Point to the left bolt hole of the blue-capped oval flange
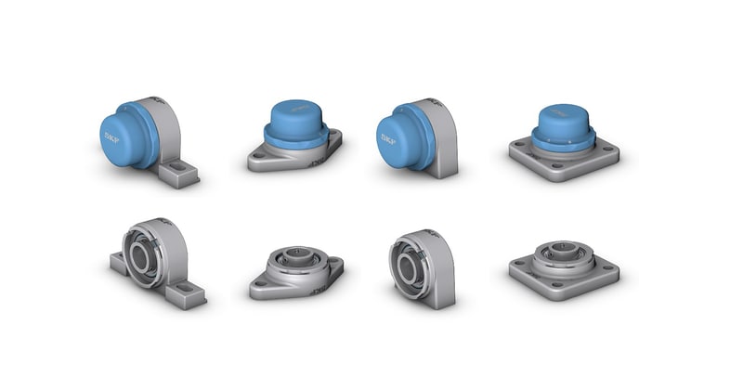click(263, 157)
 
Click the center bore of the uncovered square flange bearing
click(563, 249)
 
